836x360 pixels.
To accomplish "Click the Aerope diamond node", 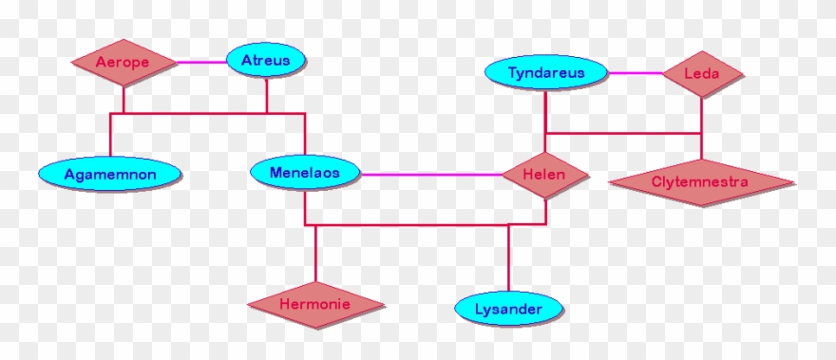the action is (x=124, y=63).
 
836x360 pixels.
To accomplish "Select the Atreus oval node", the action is (x=266, y=62).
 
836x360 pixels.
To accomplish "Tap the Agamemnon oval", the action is (x=110, y=174).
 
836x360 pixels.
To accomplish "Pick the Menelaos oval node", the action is (x=306, y=173).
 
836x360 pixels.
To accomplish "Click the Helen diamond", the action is (x=545, y=175).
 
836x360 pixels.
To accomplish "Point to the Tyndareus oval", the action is (x=545, y=73).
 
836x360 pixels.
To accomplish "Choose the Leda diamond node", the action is (x=702, y=73).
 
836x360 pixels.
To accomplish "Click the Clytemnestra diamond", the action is (x=701, y=181).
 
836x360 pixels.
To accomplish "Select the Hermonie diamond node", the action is (x=316, y=305).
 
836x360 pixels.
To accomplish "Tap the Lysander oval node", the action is (x=508, y=309).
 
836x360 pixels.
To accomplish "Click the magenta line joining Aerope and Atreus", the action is (x=201, y=63).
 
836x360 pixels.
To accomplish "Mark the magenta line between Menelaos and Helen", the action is (x=432, y=175).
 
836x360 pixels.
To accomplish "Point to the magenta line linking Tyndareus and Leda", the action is (x=636, y=73).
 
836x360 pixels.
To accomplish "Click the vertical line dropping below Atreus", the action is (x=267, y=95).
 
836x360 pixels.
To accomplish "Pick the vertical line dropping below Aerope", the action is (x=124, y=100).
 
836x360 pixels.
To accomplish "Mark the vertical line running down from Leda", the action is (x=702, y=115).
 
